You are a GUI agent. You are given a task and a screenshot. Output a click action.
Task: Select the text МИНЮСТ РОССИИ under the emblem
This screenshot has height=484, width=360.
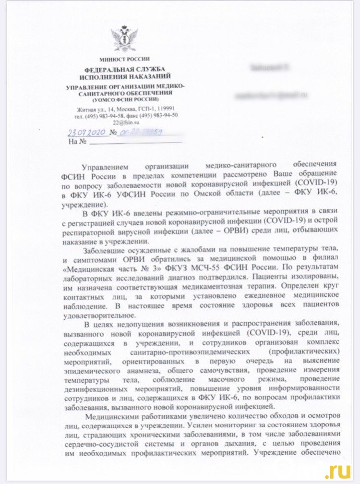[x=124, y=59]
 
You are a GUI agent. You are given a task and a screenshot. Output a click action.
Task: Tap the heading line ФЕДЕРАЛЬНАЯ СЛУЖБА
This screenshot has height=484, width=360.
[x=124, y=70]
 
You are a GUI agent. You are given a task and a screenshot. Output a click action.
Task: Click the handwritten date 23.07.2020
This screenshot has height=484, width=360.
[x=87, y=132]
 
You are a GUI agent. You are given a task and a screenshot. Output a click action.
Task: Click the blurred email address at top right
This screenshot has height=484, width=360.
[x=271, y=95]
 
